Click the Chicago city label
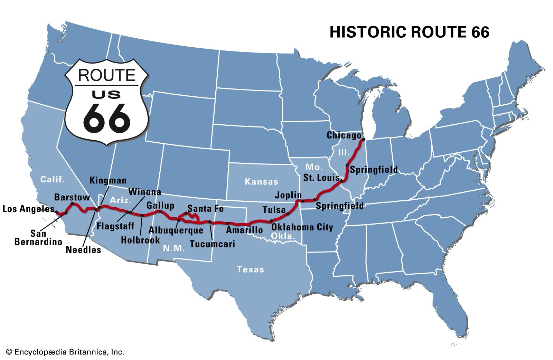344,135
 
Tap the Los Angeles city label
28,209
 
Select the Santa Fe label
205,209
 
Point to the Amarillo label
244,230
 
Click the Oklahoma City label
302,227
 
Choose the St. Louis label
321,178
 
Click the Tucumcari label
212,244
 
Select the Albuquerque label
176,230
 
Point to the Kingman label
108,181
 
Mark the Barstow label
72,198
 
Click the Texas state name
250,269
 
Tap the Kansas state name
261,182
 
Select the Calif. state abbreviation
53,179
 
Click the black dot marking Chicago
363,140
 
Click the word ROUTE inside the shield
106,75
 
